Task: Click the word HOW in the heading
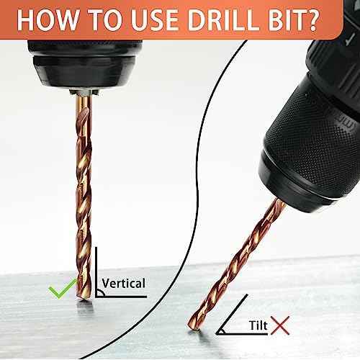(x=48, y=20)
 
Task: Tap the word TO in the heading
(x=106, y=20)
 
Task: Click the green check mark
(x=63, y=289)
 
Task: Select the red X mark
(x=280, y=325)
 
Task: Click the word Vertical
(x=123, y=283)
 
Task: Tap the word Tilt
(x=258, y=325)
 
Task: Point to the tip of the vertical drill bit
(x=84, y=299)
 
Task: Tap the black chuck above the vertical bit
(x=84, y=65)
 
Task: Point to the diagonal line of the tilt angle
(x=232, y=314)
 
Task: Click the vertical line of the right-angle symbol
(x=96, y=272)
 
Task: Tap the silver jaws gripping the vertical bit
(x=84, y=92)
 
